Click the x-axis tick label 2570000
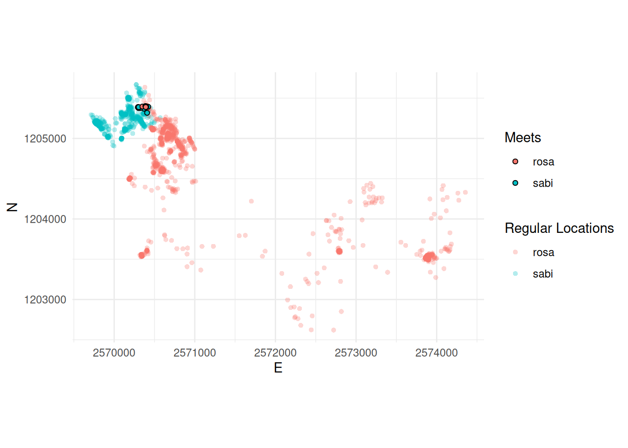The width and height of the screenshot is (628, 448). click(114, 353)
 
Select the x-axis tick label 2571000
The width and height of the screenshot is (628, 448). click(195, 353)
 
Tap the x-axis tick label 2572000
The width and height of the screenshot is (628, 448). click(275, 353)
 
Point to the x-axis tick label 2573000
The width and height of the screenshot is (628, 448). click(356, 353)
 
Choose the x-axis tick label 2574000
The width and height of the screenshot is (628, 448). click(436, 353)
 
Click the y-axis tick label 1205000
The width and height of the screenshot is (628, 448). click(45, 139)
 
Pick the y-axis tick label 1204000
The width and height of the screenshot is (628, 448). click(45, 219)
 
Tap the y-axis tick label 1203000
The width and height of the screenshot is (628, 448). click(45, 300)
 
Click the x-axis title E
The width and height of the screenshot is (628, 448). click(278, 368)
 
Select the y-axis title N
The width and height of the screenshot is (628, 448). click(12, 207)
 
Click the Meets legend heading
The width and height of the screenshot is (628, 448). click(522, 138)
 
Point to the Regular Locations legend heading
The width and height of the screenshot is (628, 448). click(559, 228)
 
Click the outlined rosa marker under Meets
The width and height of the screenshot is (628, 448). click(515, 161)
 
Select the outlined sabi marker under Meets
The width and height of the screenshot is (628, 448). click(515, 183)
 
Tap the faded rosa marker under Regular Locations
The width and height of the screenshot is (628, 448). click(515, 252)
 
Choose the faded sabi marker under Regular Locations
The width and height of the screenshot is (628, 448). click(515, 273)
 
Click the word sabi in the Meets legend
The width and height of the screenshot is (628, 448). click(542, 183)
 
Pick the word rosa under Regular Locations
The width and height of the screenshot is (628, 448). click(543, 252)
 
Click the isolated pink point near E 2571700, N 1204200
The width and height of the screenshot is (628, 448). click(251, 201)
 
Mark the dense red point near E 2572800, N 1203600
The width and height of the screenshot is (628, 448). click(339, 251)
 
